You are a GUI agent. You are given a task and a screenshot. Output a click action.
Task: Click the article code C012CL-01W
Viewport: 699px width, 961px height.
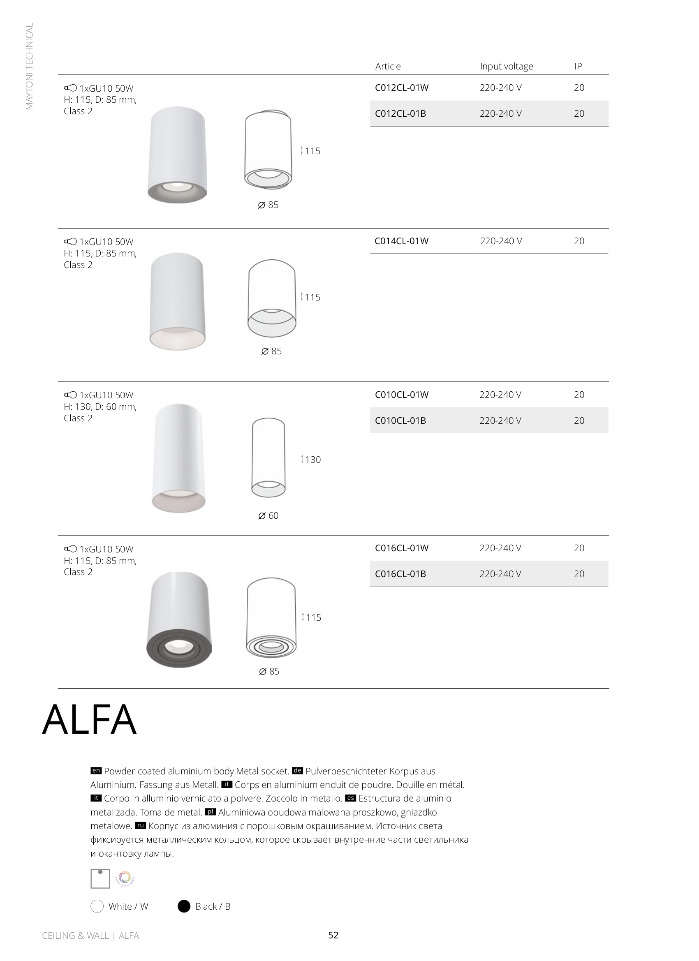pos(401,88)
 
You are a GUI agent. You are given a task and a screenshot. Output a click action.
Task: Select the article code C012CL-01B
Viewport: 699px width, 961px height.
pos(400,113)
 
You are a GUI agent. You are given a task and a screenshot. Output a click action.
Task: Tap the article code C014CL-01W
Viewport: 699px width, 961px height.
pos(401,241)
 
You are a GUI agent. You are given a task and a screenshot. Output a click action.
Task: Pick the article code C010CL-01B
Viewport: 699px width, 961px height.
pos(400,420)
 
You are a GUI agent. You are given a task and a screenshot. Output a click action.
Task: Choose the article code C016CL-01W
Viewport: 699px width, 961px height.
pos(401,548)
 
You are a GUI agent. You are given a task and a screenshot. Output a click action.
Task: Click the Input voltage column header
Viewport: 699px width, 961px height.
pos(506,66)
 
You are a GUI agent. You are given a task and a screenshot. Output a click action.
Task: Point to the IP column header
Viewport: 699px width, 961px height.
pos(578,66)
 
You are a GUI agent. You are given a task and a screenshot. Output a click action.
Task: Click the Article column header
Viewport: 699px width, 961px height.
pos(387,66)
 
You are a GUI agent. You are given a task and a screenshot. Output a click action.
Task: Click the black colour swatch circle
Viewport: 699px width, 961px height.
pos(183,906)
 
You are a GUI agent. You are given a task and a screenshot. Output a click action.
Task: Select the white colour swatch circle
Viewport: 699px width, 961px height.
pos(97,906)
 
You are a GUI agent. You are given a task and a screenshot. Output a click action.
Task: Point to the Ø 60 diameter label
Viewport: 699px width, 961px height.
pos(268,516)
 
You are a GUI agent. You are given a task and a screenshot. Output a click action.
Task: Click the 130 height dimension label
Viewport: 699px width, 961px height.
pos(312,459)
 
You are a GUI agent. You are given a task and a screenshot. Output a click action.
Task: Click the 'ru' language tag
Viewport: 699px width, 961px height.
pos(140,825)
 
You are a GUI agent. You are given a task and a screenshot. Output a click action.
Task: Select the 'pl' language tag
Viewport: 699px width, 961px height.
pos(210,812)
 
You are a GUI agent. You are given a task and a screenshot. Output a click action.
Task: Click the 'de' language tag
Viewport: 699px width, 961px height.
pos(297,771)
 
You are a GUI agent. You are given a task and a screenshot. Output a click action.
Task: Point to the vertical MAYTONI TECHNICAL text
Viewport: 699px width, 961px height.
pos(29,67)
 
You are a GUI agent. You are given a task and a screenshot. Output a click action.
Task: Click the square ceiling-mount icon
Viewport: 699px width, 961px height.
pos(100,879)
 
